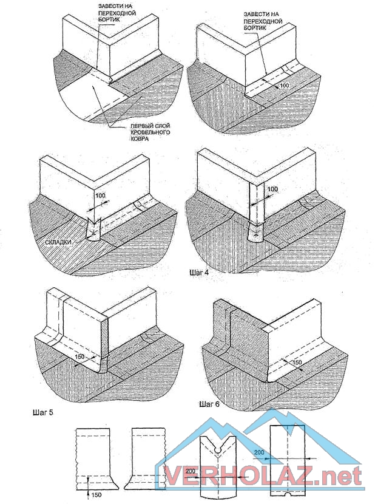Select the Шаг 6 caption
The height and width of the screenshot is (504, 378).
point(209,404)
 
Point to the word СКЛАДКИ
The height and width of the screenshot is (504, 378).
point(58,242)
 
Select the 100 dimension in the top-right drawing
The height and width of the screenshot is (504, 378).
point(284,85)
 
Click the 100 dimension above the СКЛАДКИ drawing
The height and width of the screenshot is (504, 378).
point(100,196)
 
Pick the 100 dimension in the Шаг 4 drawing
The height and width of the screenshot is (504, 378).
point(273,189)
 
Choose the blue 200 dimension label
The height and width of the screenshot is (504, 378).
point(259,452)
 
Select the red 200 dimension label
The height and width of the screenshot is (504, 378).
point(190,471)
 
